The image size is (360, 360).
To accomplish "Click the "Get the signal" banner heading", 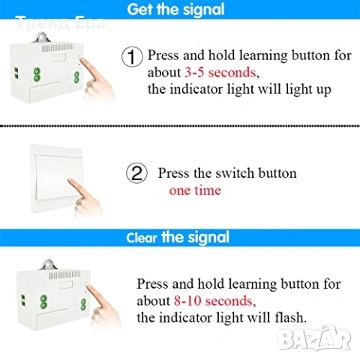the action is [x=175, y=9].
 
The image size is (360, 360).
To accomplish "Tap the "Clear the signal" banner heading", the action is [x=178, y=237].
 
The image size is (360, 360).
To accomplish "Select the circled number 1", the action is [x=132, y=56].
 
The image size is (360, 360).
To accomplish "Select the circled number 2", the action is [x=136, y=172].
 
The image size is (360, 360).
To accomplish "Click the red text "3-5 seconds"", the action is [x=220, y=73].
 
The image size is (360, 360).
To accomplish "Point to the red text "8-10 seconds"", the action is [x=213, y=301].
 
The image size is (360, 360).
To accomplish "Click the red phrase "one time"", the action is [x=195, y=190].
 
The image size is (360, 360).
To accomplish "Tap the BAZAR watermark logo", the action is [x=314, y=338].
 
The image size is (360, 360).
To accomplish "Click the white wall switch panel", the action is [x=56, y=178].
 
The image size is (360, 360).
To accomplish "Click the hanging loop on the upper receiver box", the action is [x=41, y=37].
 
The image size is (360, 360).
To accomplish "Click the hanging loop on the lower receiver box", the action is [x=49, y=265].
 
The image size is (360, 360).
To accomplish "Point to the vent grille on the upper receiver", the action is [x=58, y=48].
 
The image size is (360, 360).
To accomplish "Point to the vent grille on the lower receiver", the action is [x=64, y=275].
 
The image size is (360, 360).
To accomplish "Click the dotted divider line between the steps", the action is [x=180, y=126].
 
